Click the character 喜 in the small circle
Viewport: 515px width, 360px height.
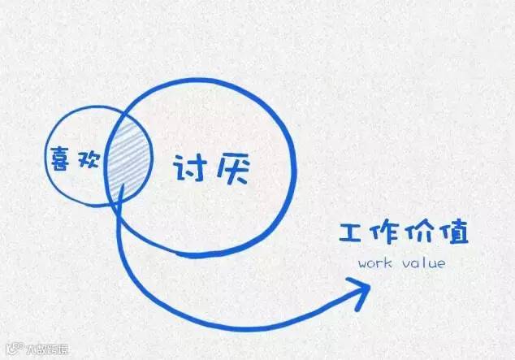point(58,158)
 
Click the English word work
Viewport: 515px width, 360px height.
point(374,264)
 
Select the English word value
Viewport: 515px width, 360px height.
point(422,264)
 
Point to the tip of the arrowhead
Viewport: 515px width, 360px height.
point(370,284)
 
